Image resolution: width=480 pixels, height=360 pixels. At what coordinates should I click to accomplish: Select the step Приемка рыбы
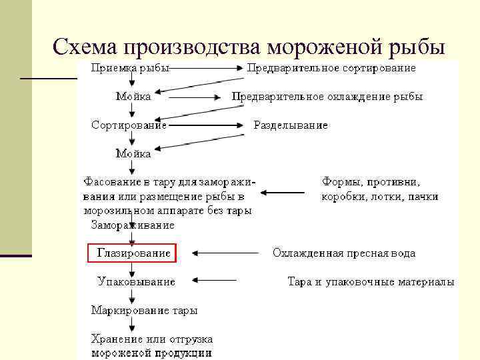click(x=130, y=67)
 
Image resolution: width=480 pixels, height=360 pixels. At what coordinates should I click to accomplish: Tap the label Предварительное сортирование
click(x=331, y=67)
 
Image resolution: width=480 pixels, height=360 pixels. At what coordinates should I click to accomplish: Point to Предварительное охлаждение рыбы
click(x=327, y=97)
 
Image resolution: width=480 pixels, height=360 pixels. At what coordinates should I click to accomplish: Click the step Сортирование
click(x=129, y=125)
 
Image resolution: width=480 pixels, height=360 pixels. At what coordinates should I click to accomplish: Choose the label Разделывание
click(x=291, y=125)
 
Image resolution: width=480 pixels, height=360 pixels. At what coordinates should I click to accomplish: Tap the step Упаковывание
click(x=136, y=282)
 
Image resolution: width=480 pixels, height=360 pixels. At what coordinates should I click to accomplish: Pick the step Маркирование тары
click(x=144, y=310)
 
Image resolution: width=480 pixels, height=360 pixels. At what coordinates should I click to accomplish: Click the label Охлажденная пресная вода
click(x=343, y=253)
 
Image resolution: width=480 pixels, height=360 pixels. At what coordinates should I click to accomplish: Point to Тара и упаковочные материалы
click(x=371, y=282)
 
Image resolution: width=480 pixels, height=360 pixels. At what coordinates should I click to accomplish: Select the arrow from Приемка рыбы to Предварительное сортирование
click(x=207, y=67)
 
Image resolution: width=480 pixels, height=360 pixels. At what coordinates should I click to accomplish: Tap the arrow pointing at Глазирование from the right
click(x=223, y=253)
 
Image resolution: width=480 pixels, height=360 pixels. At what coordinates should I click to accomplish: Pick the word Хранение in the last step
click(x=113, y=339)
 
